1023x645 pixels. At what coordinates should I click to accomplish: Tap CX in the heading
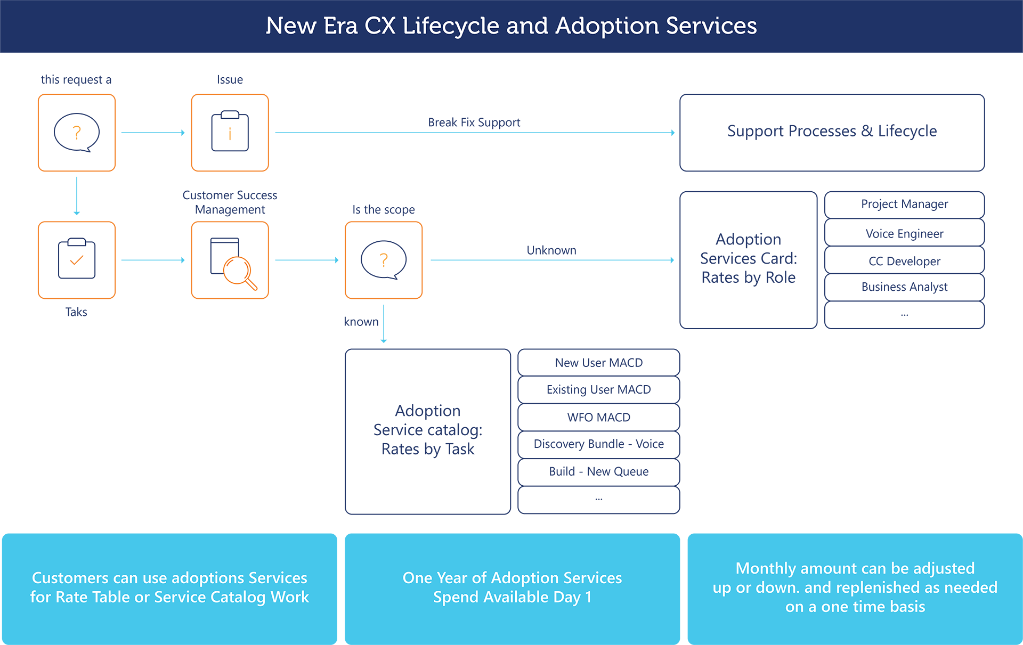(380, 26)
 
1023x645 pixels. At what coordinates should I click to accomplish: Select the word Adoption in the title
(607, 26)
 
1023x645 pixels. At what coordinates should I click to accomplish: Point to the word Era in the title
(340, 26)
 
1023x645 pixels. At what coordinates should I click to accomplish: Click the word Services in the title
(711, 26)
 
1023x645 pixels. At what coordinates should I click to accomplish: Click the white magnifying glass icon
(238, 272)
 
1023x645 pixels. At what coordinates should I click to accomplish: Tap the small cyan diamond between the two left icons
(77, 196)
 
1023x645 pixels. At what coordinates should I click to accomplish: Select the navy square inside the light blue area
(550, 212)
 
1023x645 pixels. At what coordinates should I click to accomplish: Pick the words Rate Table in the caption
(93, 597)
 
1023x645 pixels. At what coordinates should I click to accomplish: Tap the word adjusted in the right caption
(943, 568)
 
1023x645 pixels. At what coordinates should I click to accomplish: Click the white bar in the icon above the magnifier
(230, 115)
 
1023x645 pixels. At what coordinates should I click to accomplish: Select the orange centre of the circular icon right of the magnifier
(384, 259)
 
